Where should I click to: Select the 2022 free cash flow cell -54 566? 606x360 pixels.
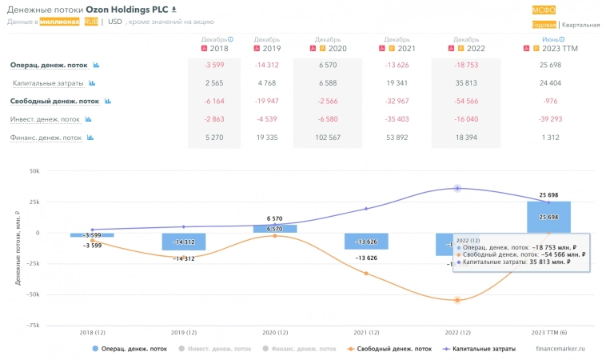pyautogui.click(x=466, y=101)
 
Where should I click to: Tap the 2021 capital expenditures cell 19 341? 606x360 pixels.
pyautogui.click(x=397, y=82)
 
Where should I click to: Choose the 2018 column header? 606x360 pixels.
pyautogui.click(x=213, y=48)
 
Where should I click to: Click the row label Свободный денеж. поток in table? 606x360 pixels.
pyautogui.click(x=54, y=102)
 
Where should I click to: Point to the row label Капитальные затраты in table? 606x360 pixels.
pyautogui.click(x=48, y=83)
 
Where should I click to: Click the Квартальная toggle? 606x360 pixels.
pyautogui.click(x=580, y=25)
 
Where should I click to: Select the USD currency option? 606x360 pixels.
pyautogui.click(x=115, y=22)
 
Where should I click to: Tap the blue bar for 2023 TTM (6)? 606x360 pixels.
pyautogui.click(x=548, y=217)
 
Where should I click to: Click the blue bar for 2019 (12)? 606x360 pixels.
pyautogui.click(x=183, y=242)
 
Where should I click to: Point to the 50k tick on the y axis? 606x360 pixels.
pyautogui.click(x=34, y=171)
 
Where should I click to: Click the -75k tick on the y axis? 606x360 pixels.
pyautogui.click(x=33, y=326)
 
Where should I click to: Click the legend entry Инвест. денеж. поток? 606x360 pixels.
pyautogui.click(x=217, y=349)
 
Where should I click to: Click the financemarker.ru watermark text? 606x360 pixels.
pyautogui.click(x=560, y=349)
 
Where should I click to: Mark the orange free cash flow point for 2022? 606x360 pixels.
pyautogui.click(x=457, y=300)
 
